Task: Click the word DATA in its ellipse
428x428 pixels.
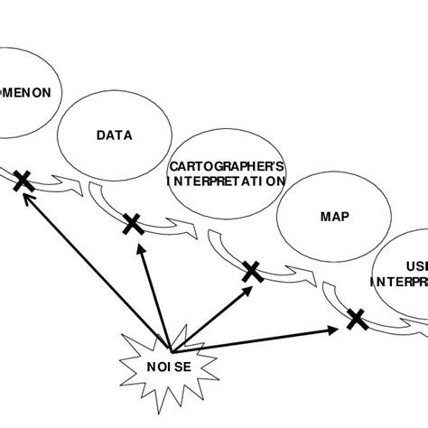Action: point(114,135)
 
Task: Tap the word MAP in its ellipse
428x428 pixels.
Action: point(334,217)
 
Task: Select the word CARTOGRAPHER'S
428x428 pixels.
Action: point(227,166)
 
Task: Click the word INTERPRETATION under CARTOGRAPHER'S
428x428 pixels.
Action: point(227,181)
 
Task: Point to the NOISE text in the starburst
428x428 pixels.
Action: point(169,366)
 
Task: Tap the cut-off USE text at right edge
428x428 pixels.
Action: point(416,266)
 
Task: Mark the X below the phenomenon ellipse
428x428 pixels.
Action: point(22,183)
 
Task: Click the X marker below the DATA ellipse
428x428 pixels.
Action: point(132,222)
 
